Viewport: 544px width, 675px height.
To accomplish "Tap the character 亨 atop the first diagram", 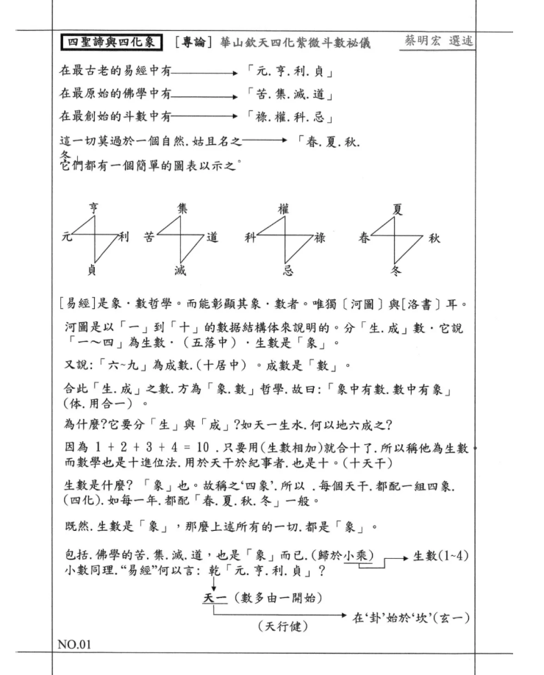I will click(x=93, y=210).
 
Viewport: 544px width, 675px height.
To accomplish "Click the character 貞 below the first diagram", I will click(x=92, y=271).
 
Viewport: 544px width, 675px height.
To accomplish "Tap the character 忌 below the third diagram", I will click(x=286, y=272).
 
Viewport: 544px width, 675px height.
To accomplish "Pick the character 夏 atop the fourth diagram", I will click(x=398, y=210).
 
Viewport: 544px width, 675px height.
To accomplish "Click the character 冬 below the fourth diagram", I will click(x=398, y=272).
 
